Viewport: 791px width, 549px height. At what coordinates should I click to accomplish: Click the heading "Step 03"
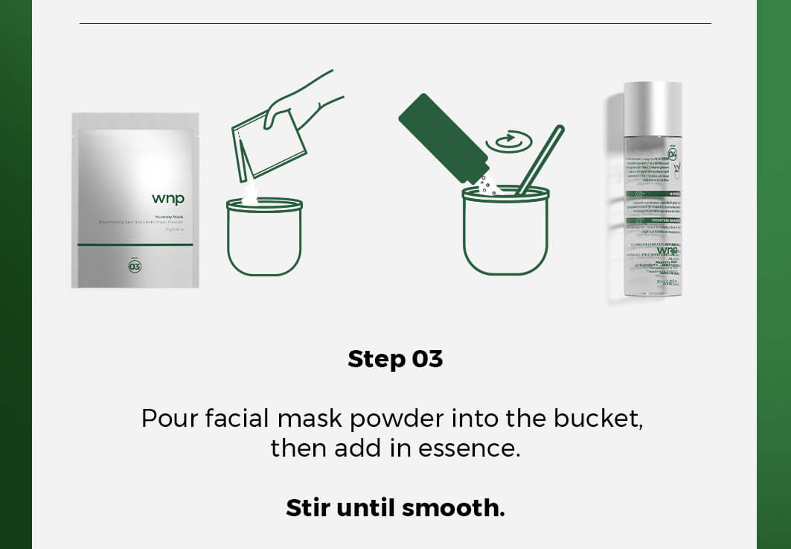tap(395, 359)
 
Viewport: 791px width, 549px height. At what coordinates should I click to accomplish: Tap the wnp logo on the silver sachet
tap(167, 198)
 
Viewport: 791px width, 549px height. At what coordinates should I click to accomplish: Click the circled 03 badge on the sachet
tap(135, 266)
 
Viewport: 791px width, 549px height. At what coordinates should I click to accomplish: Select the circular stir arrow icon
tap(508, 141)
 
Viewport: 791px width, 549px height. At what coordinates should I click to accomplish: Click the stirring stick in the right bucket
tap(539, 160)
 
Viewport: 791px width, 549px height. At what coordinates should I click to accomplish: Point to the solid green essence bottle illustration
tap(442, 138)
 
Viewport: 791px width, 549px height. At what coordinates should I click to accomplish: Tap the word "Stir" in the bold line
tap(308, 508)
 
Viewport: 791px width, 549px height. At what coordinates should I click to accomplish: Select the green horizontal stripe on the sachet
tap(135, 244)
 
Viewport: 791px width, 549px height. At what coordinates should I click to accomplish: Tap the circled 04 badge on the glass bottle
tap(672, 154)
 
